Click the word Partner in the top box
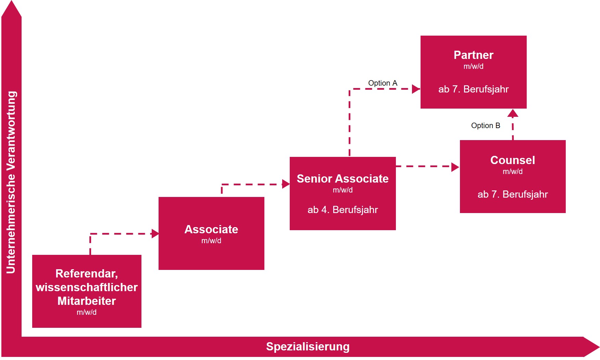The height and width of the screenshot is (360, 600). [473, 55]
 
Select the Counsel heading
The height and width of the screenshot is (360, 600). [512, 160]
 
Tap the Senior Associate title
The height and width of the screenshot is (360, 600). [342, 179]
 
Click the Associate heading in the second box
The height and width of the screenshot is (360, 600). [211, 229]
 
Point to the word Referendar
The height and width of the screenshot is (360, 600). [86, 274]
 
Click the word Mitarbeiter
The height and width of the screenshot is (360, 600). [87, 301]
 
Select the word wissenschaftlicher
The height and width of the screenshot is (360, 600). [87, 287]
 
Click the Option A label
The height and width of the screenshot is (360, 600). [383, 83]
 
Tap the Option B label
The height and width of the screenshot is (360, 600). [485, 126]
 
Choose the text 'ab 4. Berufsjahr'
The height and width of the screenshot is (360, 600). [342, 210]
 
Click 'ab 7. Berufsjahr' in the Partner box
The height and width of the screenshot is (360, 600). [473, 89]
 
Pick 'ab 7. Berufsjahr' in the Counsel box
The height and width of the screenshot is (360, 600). [512, 195]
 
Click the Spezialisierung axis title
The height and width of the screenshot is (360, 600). [308, 347]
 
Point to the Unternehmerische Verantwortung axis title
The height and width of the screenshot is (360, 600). [11, 182]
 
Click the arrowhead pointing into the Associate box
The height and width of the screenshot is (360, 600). [155, 234]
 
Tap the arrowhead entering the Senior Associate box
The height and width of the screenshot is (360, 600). [286, 184]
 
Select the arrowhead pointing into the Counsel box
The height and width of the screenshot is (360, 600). [455, 167]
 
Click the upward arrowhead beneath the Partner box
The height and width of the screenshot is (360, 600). [512, 113]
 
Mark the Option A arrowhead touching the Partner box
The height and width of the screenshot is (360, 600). [416, 89]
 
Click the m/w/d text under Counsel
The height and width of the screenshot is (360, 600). [512, 172]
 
